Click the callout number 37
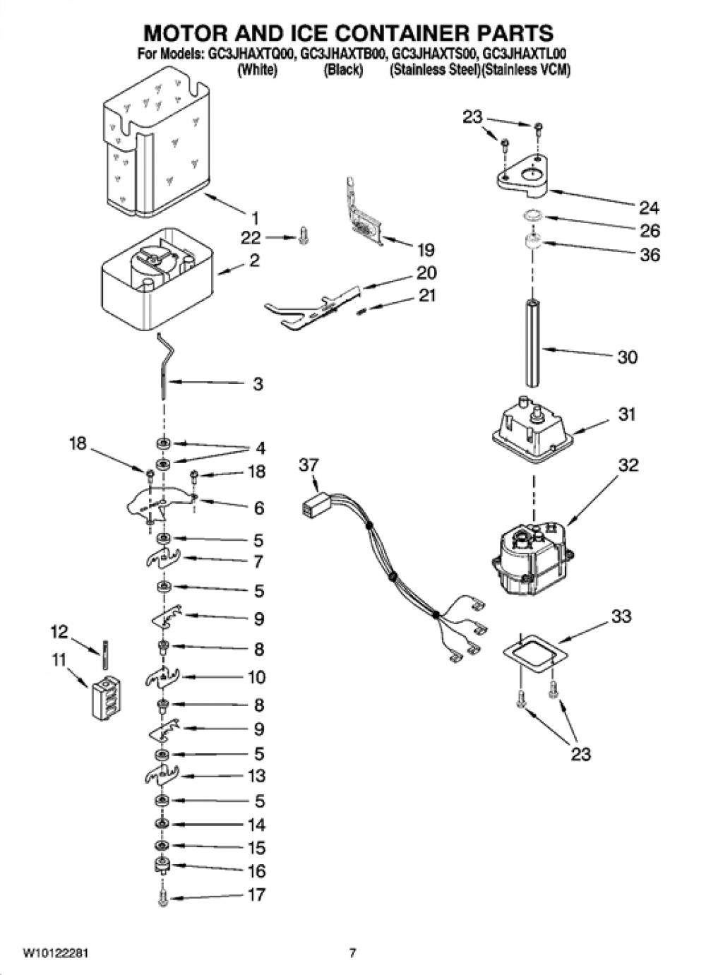pos(309,465)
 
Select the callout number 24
pos(649,208)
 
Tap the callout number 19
pos(425,250)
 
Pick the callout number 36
pos(650,255)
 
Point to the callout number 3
pos(258,384)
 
